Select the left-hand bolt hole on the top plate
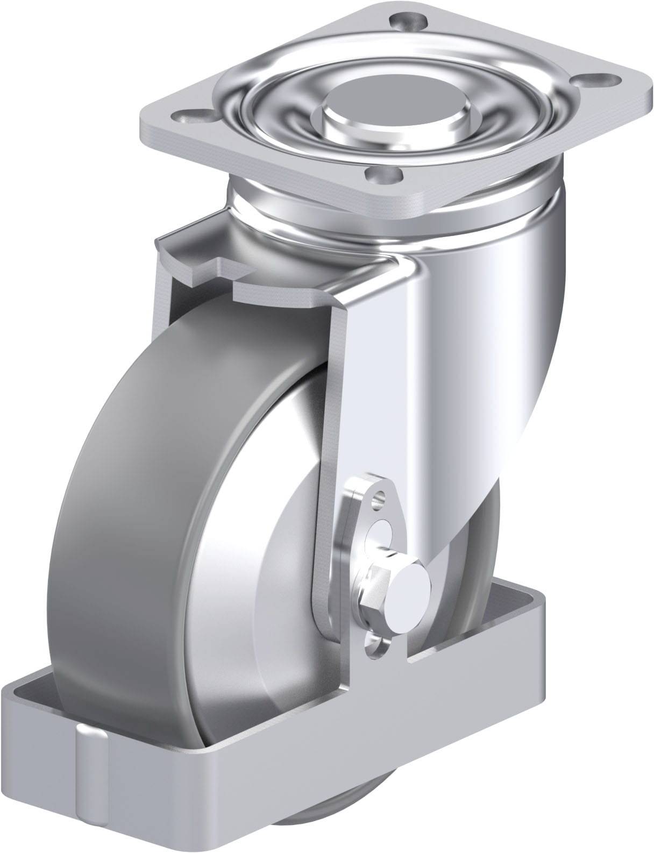point(192,116)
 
